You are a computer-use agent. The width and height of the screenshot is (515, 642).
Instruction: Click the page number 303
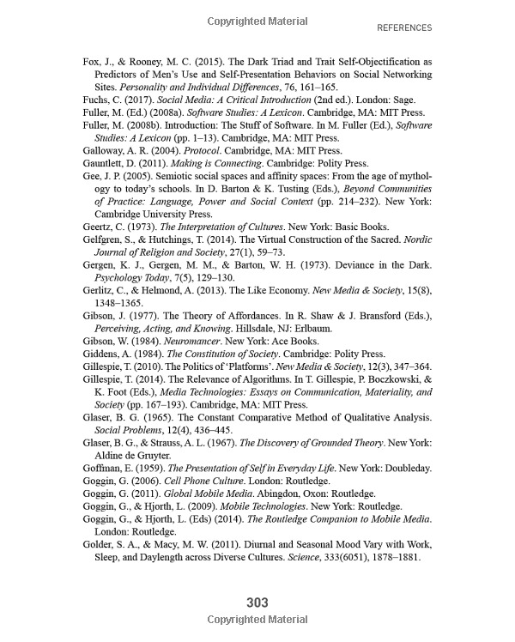(x=257, y=603)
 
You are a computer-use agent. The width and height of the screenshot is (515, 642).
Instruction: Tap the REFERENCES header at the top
(x=404, y=27)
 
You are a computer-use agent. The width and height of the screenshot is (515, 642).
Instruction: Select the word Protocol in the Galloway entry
(x=203, y=149)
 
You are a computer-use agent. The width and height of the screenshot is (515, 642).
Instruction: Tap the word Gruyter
(x=153, y=455)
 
